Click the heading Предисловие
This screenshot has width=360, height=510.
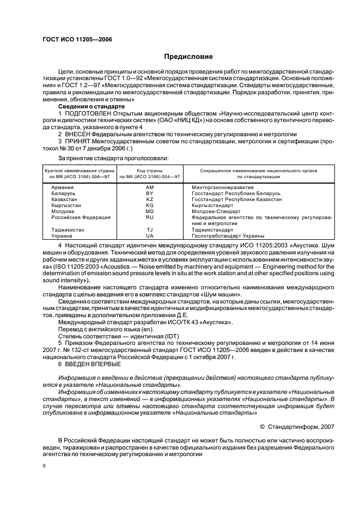coord(188,56)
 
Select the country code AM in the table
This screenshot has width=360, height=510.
coord(150,187)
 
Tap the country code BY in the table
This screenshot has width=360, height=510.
coord(150,193)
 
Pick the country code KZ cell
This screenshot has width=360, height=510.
coord(150,199)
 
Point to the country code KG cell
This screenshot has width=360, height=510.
coord(150,205)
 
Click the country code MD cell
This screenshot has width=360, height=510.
coord(150,211)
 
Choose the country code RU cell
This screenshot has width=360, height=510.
coord(150,217)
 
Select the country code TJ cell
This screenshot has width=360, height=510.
coord(150,230)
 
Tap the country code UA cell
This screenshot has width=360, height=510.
coord(150,236)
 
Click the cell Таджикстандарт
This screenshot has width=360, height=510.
coord(213,230)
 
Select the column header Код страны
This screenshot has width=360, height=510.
coord(150,171)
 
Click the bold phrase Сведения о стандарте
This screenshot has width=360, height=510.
coord(88,107)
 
